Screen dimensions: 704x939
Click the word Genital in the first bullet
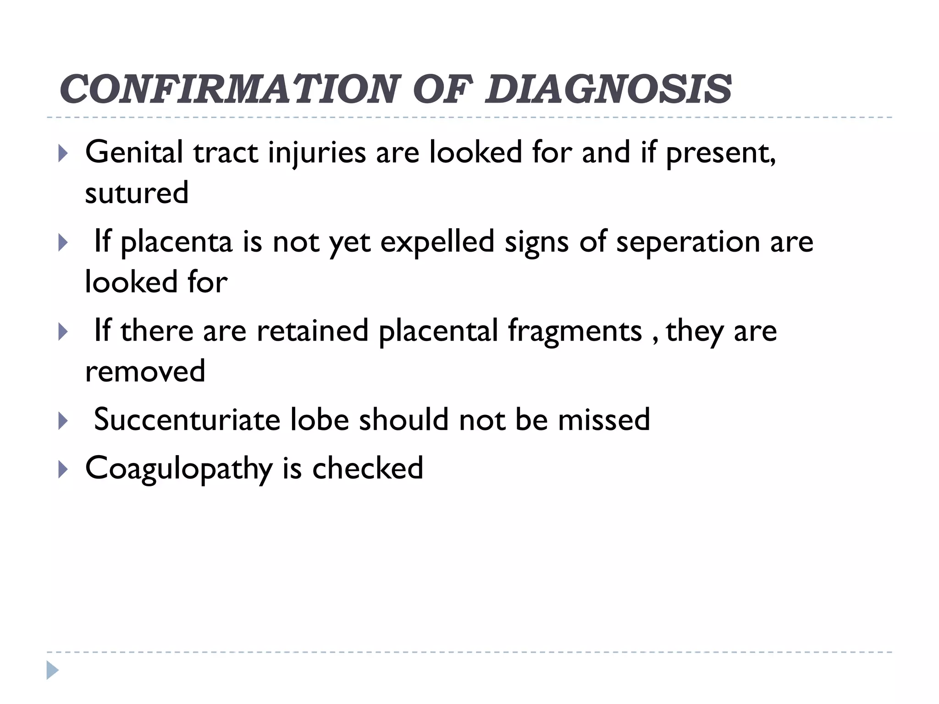point(134,152)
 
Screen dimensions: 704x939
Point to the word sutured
point(137,193)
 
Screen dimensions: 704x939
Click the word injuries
point(317,153)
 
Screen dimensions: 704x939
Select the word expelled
point(437,242)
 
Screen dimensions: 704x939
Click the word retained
point(312,331)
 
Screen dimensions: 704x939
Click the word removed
point(145,371)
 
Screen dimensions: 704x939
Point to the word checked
point(367,468)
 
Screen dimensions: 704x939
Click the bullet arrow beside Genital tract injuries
point(63,154)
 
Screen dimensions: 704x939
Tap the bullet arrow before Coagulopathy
point(63,470)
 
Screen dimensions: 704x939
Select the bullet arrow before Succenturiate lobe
point(63,421)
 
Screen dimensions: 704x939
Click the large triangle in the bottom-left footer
point(52,670)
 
